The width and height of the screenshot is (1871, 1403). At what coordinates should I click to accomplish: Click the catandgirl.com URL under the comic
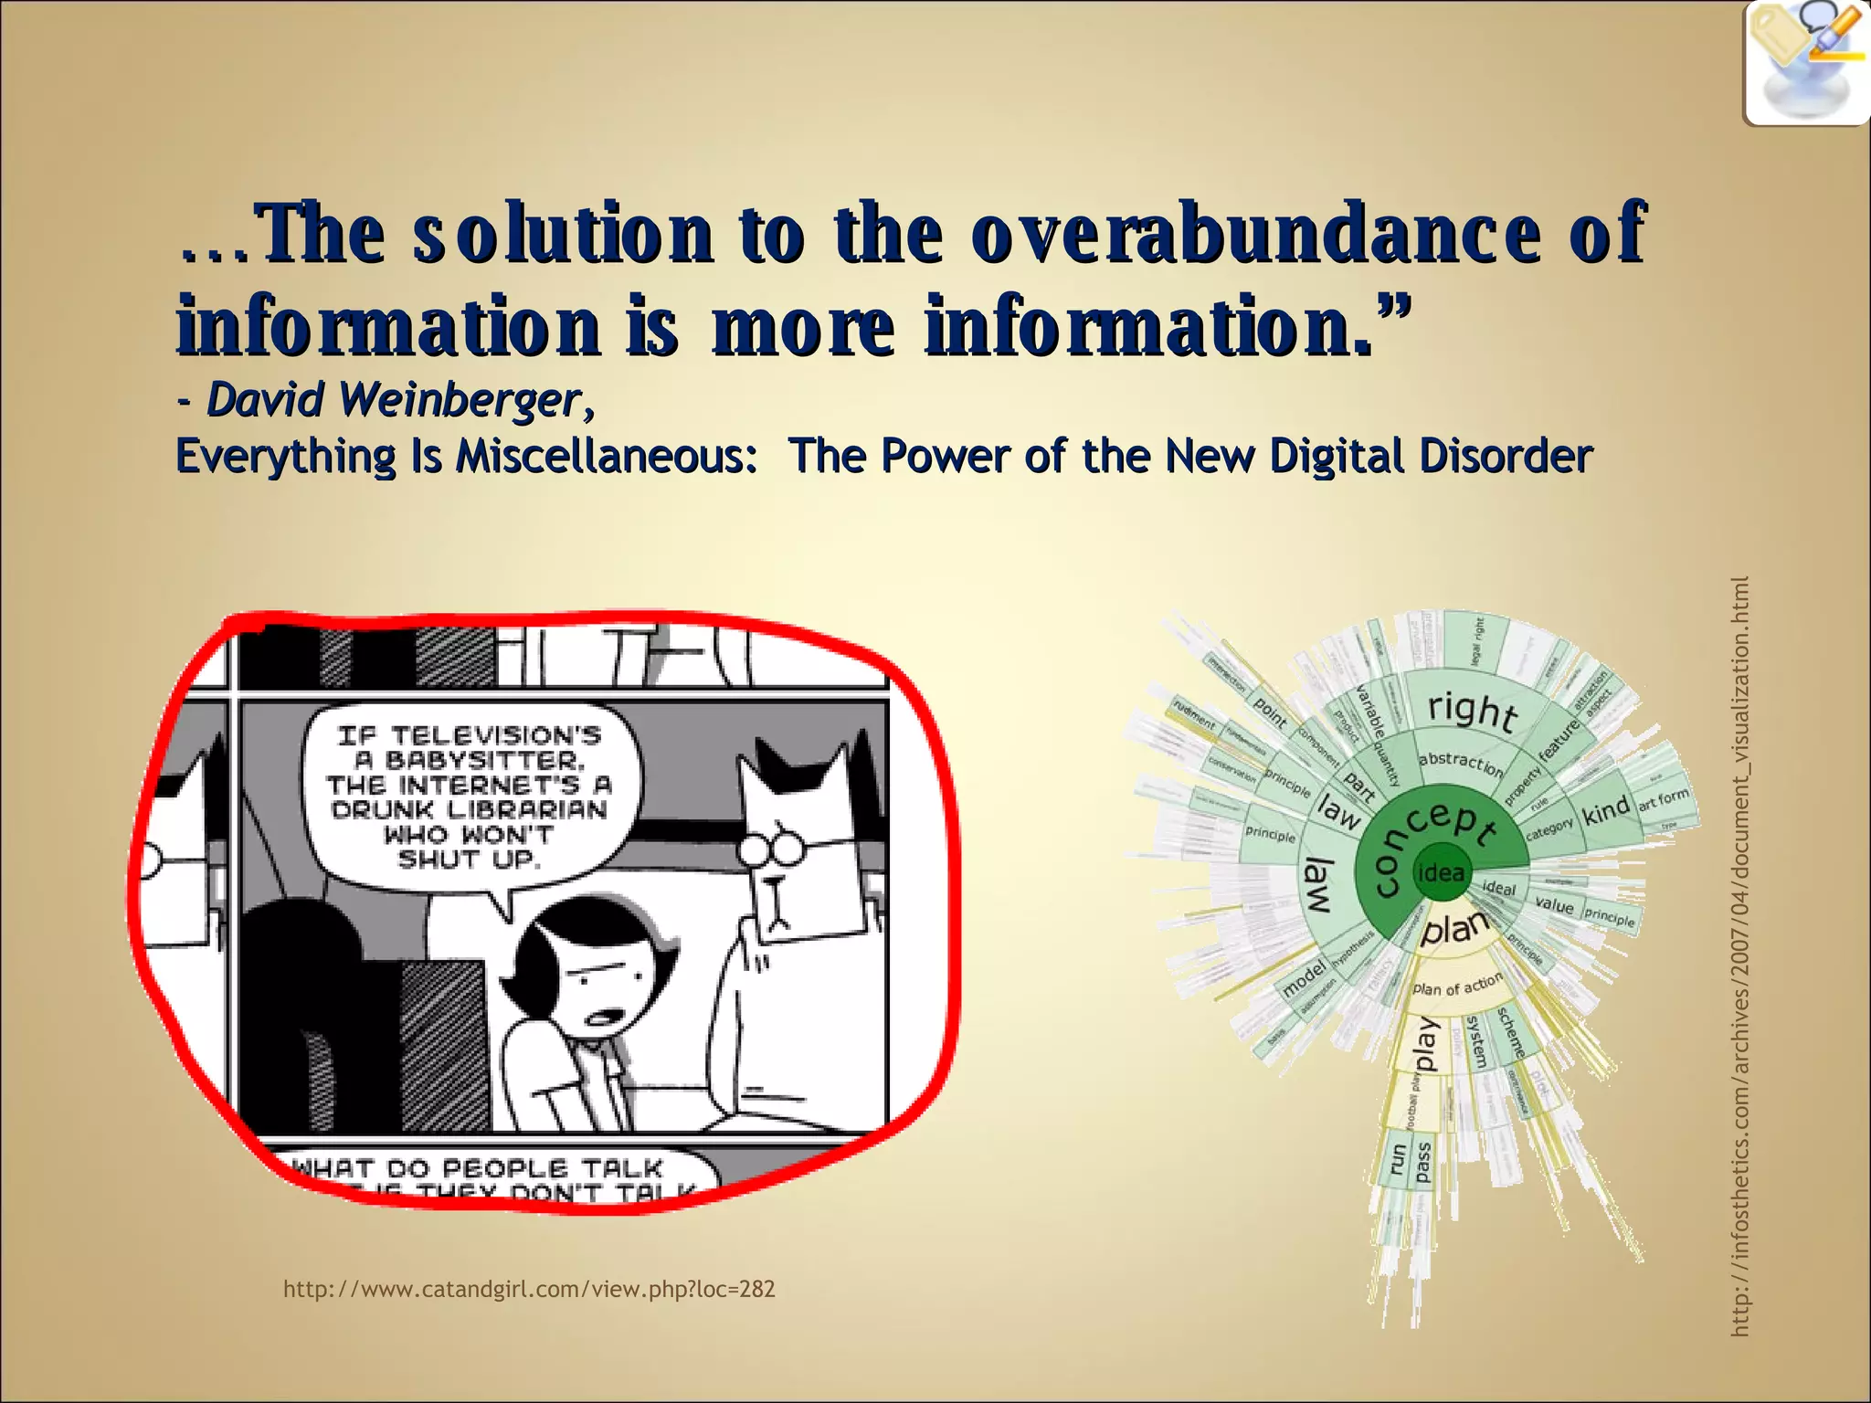529,1289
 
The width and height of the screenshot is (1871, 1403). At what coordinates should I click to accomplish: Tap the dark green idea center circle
1441,873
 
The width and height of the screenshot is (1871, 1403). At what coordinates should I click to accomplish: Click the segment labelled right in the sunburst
1472,710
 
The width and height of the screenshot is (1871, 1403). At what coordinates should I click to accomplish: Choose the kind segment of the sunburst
1605,809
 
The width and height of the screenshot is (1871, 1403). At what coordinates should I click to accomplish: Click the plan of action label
1457,985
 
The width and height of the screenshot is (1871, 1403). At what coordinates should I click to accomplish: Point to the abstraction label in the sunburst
1460,762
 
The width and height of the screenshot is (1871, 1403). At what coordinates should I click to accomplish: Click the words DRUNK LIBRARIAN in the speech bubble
469,810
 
